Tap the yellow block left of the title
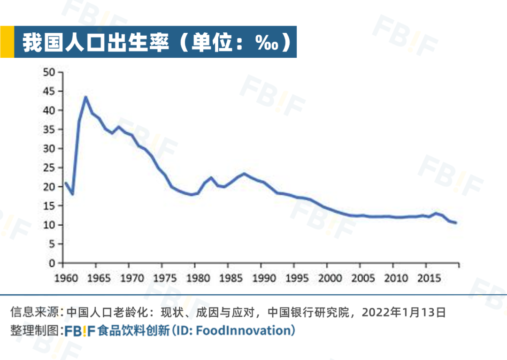(7, 42)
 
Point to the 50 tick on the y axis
(49, 72)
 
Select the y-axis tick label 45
(49, 91)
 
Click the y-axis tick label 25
(49, 168)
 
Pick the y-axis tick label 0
(52, 263)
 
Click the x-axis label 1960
(66, 278)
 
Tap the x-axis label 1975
(165, 278)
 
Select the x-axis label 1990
(264, 278)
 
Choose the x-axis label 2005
(363, 278)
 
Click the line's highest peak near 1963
(85, 97)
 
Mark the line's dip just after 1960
(72, 194)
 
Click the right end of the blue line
(455, 222)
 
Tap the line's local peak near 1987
(244, 174)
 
